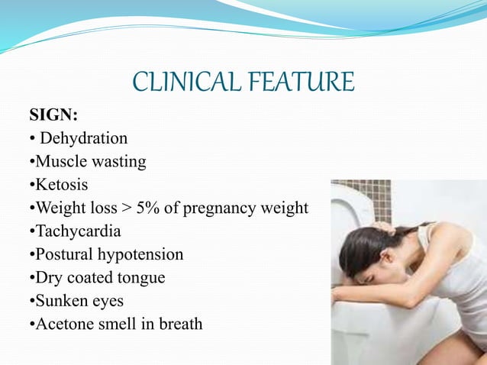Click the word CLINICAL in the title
186,82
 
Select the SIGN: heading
53,116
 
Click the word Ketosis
60,185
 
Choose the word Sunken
60,300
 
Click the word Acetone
64,324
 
